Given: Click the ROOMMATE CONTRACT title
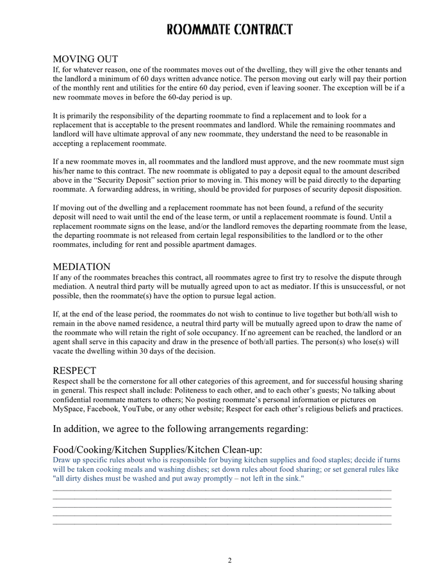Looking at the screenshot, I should pos(229,30).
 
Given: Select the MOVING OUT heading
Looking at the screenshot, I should pos(85,60).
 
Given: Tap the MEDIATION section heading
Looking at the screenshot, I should pos(81,267).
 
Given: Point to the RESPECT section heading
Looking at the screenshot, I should pos(74,371).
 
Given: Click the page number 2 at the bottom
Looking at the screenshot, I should pos(229,560).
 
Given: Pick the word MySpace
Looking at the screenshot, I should pos(69,409).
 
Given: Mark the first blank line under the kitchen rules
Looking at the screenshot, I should pos(222,490).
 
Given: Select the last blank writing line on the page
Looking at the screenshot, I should pos(222,524).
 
